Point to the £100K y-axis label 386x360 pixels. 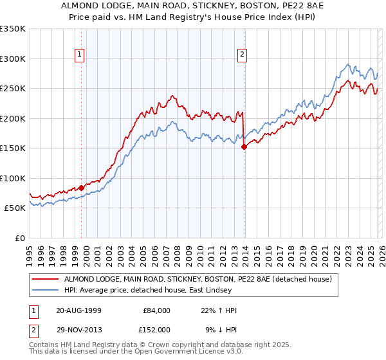pyautogui.click(x=13, y=178)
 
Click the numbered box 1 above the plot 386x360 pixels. pyautogui.click(x=79, y=55)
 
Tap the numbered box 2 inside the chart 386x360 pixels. pyautogui.click(x=243, y=55)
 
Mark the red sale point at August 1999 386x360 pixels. pyautogui.click(x=82, y=188)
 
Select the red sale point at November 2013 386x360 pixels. pyautogui.click(x=244, y=147)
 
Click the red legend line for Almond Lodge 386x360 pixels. pyautogui.click(x=46, y=279)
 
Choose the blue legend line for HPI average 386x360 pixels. pyautogui.click(x=46, y=290)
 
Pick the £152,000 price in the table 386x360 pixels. pyautogui.click(x=156, y=329)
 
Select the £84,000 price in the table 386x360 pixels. pyautogui.click(x=156, y=310)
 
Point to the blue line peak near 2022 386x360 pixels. pyautogui.click(x=348, y=64)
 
